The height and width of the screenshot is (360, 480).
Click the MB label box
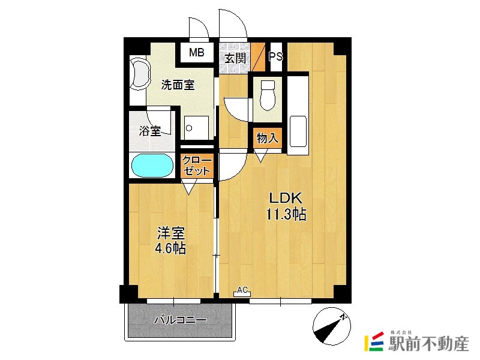click(x=197, y=53)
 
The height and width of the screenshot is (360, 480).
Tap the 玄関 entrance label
click(x=236, y=58)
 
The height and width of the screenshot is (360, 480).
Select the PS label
click(x=275, y=57)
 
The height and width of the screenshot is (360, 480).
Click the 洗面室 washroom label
click(x=178, y=85)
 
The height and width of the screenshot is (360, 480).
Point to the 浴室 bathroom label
click(x=150, y=131)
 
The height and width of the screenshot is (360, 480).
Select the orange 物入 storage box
click(x=267, y=138)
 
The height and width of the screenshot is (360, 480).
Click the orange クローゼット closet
click(x=197, y=165)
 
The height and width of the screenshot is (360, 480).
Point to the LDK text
click(x=287, y=199)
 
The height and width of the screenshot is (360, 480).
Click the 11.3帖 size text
click(x=287, y=214)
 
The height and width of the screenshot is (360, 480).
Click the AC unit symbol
click(x=242, y=292)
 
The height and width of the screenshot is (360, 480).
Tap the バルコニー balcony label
click(x=180, y=320)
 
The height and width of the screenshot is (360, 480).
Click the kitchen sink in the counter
click(x=298, y=129)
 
